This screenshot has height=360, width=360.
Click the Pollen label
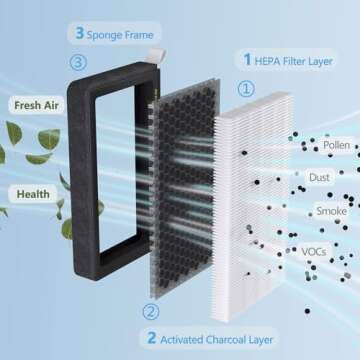335,146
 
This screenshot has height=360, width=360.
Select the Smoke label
331,211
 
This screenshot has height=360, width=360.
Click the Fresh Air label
34,103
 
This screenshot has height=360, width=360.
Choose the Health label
33,192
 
